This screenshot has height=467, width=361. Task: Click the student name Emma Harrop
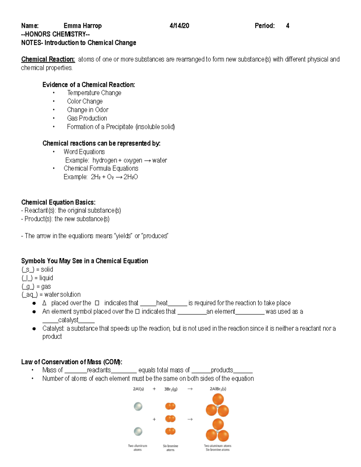coord(82,26)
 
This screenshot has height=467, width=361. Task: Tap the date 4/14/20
coord(179,26)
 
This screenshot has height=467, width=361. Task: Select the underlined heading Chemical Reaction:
coord(48,59)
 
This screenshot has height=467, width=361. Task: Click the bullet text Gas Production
coord(87,118)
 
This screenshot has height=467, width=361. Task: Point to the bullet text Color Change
coord(85,101)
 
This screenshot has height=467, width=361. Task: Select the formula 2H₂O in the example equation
coord(131,177)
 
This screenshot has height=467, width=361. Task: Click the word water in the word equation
coord(159,160)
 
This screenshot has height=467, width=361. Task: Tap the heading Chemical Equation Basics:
coord(58,202)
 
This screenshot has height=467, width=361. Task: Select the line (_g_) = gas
coord(36,286)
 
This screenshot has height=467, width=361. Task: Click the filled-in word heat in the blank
coord(162,303)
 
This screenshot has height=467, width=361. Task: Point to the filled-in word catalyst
coord(68,320)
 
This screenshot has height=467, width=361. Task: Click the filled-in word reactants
coord(99,370)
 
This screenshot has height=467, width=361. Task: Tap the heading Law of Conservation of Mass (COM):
coord(72,362)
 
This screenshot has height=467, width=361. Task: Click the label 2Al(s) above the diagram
coord(138,389)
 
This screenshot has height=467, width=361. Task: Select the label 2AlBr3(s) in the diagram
coord(218,389)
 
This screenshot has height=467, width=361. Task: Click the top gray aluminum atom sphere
coord(138,407)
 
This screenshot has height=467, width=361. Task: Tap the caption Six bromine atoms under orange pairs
coord(171,448)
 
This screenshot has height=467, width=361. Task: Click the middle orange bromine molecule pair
coord(170,419)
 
